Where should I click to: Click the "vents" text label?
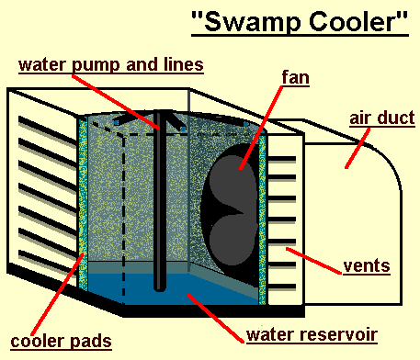[366, 266]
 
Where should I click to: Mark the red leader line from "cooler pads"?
[64, 294]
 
